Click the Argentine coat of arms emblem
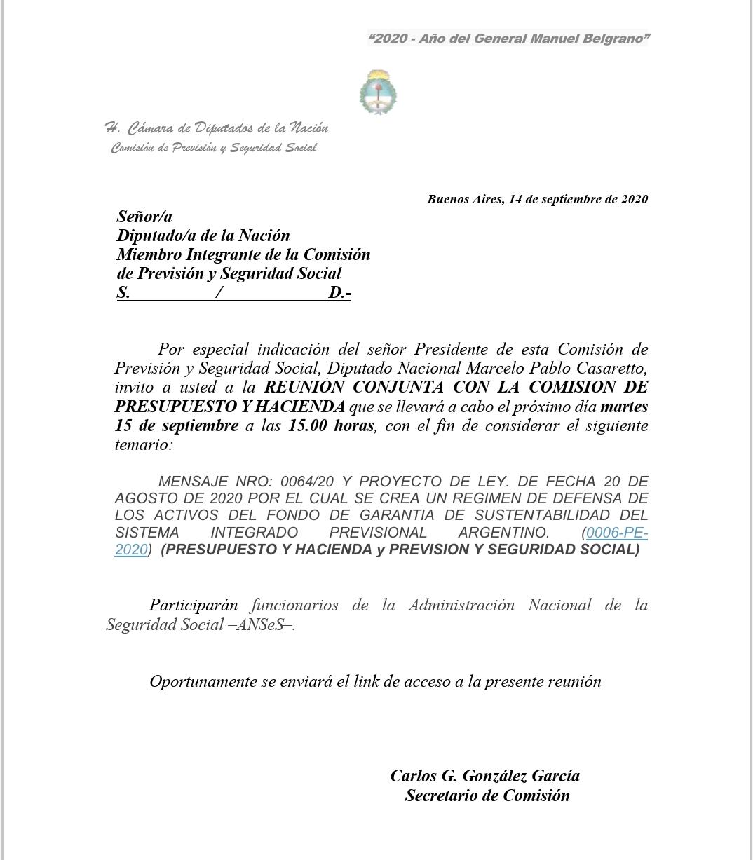[378, 92]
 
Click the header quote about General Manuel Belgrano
[508, 39]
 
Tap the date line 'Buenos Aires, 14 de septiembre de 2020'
[537, 199]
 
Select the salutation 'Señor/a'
[144, 217]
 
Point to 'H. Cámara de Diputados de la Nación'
[216, 128]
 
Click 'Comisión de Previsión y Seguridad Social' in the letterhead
[214, 148]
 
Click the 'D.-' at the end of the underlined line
[339, 293]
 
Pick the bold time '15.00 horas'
[331, 425]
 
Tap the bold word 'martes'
[624, 407]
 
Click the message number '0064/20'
[307, 482]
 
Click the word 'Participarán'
[194, 606]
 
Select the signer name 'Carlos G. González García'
[485, 776]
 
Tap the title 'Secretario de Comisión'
[487, 796]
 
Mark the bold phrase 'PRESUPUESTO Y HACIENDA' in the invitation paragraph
[230, 407]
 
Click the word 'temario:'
[143, 444]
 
